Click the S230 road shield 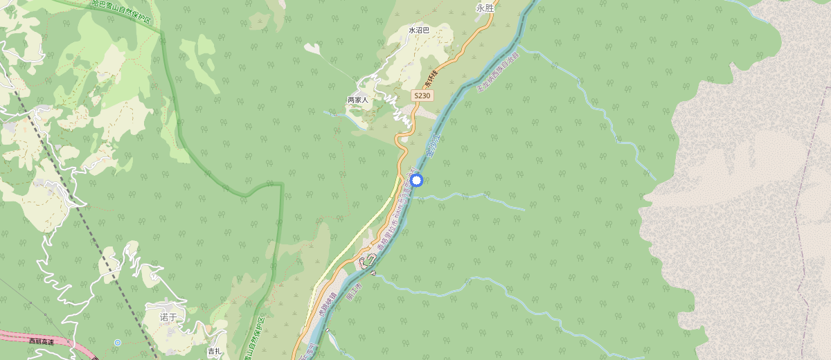coord(422,96)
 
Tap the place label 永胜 coord(485,8)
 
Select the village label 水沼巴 coord(419,30)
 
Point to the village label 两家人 coord(357,100)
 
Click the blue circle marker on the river coord(416,181)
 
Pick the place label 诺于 coord(169,317)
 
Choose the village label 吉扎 coord(215,352)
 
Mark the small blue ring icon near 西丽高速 coord(118,343)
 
